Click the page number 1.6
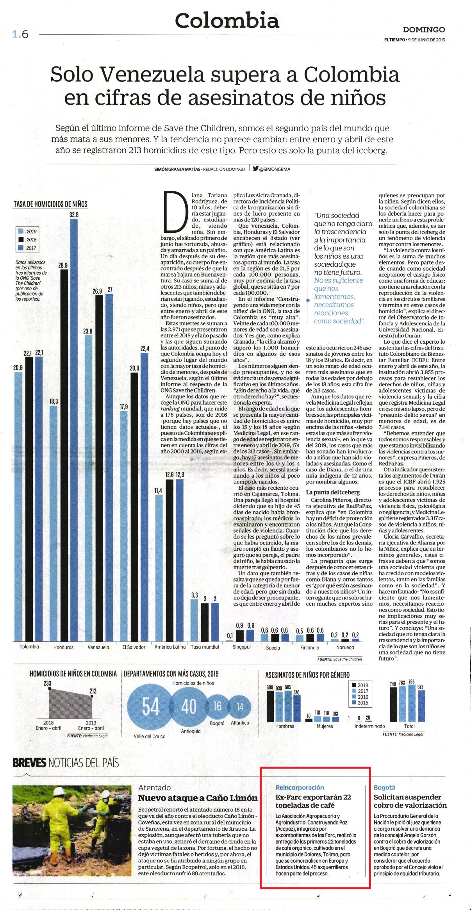20,34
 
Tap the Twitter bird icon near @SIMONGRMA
255,169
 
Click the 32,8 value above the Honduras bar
74,214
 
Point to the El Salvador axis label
134,647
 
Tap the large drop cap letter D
174,211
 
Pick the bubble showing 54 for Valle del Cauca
150,707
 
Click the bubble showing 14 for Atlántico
240,707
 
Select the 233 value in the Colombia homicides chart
47,683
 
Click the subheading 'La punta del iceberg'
333,492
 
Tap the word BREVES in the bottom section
30,762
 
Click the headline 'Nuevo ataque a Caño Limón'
198,798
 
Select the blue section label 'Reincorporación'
300,787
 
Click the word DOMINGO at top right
424,30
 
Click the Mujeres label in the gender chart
325,726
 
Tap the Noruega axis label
345,647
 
